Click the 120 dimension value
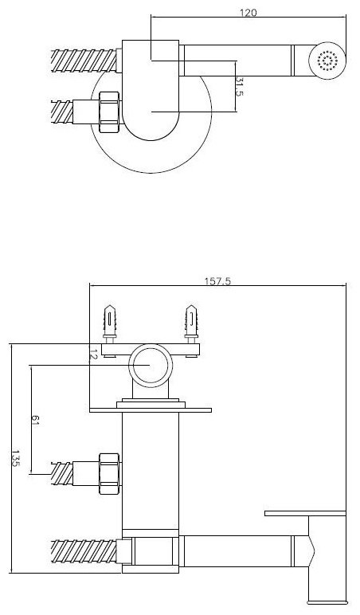pos(248,13)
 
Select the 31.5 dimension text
pos(240,87)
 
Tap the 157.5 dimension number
pos(217,281)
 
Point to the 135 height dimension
pos(16,458)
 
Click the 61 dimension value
pos(35,421)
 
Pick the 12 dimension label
pos(93,354)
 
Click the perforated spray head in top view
pos(327,61)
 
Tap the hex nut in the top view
pos(109,112)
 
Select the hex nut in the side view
pos(109,473)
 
